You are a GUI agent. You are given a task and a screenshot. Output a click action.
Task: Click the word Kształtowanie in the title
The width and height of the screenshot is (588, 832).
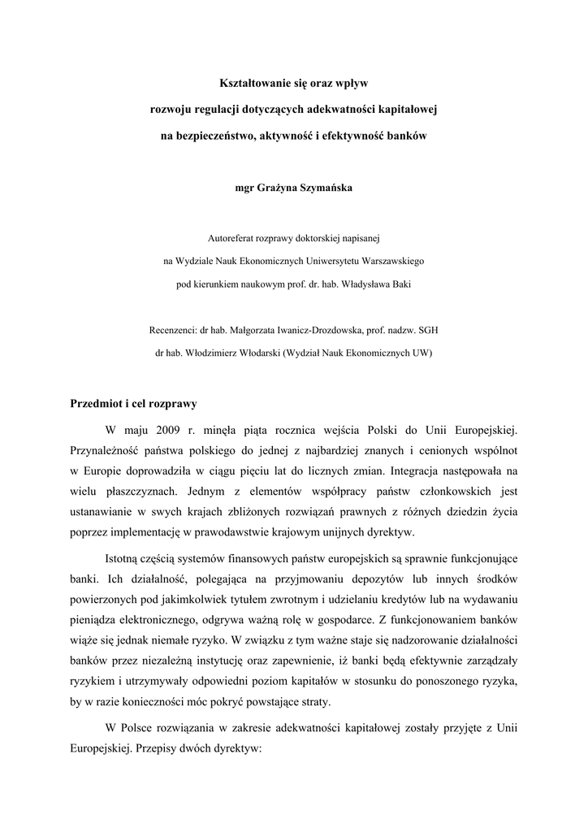point(257,82)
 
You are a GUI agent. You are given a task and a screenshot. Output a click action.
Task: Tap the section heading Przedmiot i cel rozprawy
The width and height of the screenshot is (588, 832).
point(133,404)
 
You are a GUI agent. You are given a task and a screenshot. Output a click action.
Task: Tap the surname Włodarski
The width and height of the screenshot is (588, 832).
point(253,353)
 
